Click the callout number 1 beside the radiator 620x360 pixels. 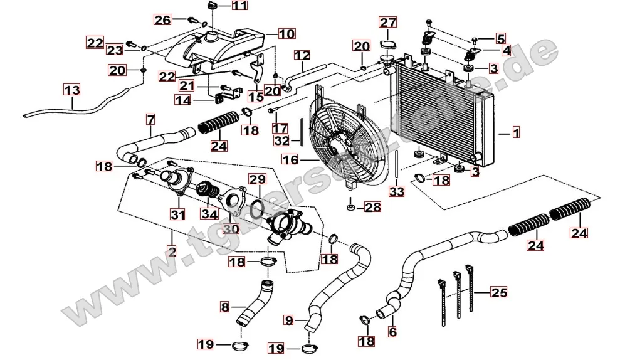click(x=516, y=133)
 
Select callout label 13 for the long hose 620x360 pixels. click(x=72, y=90)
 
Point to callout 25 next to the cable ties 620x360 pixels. click(x=498, y=292)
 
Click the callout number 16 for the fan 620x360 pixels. click(x=290, y=161)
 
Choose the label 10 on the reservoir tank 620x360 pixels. click(x=286, y=34)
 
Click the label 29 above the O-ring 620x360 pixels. click(x=257, y=180)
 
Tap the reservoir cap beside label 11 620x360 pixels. click(x=211, y=6)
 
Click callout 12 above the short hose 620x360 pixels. click(x=302, y=55)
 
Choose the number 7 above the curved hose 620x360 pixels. click(x=150, y=119)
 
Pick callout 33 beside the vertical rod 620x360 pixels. click(x=397, y=191)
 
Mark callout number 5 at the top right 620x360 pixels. click(x=500, y=38)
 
